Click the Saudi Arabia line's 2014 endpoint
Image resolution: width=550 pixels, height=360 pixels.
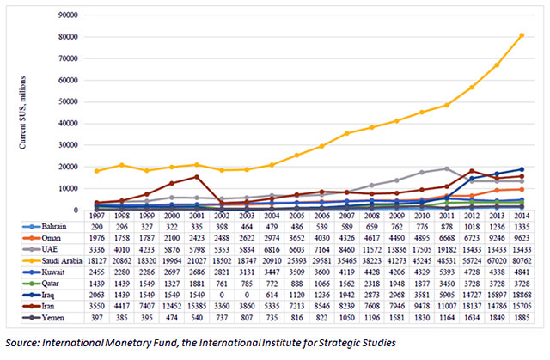coord(522,35)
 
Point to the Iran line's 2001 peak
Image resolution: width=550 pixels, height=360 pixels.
coord(197,177)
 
